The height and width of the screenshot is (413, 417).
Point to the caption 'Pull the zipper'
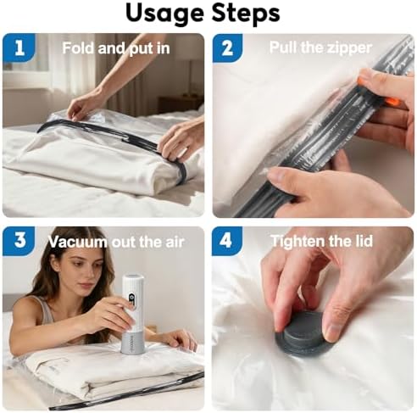320,48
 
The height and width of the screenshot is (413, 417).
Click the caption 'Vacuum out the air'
115,242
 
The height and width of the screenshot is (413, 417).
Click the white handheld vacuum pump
133,313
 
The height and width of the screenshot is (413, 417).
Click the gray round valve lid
306,333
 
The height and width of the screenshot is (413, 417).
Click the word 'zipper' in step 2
348,48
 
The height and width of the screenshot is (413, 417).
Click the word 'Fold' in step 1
77,48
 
